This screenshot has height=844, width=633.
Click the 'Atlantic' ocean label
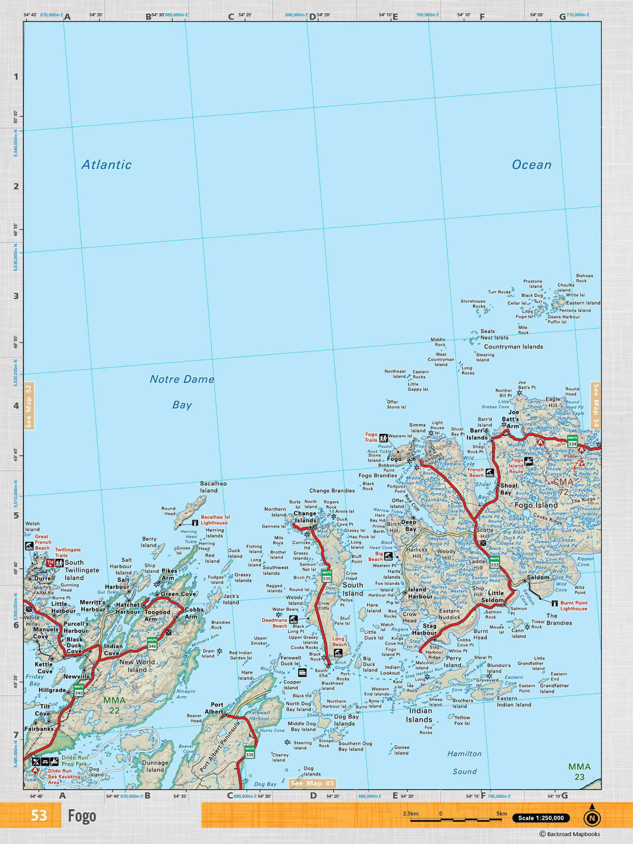click(106, 165)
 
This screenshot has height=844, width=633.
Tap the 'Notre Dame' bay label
click(181, 379)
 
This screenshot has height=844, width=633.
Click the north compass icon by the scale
click(592, 818)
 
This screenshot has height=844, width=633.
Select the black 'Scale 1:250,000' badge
click(541, 818)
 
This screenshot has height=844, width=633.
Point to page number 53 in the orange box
click(39, 816)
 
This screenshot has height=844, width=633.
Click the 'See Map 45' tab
click(313, 783)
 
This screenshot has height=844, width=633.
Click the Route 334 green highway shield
click(572, 441)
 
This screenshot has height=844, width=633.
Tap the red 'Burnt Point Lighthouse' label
click(573, 606)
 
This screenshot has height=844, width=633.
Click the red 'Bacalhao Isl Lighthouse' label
click(214, 520)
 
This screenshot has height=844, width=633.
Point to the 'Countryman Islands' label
click(513, 347)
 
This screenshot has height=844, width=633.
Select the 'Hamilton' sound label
click(464, 754)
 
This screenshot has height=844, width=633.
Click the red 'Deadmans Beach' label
click(274, 623)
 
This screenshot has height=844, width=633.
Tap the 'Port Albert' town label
click(217, 708)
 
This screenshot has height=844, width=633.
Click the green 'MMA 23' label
click(579, 771)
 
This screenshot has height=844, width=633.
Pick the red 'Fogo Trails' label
click(371, 437)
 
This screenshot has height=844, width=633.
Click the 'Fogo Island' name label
click(535, 505)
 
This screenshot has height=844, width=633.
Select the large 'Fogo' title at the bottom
click(82, 816)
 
